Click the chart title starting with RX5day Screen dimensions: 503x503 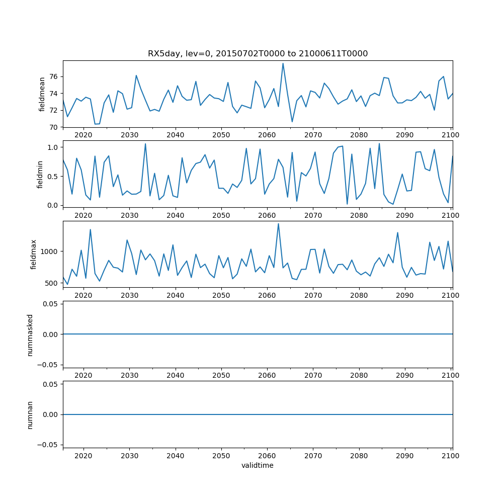pos(258,54)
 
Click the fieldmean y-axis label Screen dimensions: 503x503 pos(42,94)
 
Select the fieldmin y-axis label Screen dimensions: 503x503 pos(41,174)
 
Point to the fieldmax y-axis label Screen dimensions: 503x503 pos(34,254)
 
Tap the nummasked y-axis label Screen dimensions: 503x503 pos(30,334)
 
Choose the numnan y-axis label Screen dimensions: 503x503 pos(30,414)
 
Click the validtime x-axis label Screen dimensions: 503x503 pos(258,466)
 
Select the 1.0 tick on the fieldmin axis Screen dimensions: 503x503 pos(52,147)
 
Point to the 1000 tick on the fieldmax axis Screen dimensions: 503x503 pos(50,251)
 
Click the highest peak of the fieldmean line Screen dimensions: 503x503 pos(283,63)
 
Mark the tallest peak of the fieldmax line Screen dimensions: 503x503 pos(278,224)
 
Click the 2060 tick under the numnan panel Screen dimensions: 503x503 pos(267,456)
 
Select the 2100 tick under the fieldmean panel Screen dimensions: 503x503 pos(450,135)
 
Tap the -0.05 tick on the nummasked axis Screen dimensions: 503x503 pos(49,365)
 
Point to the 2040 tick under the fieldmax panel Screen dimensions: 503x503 pos(175,295)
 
